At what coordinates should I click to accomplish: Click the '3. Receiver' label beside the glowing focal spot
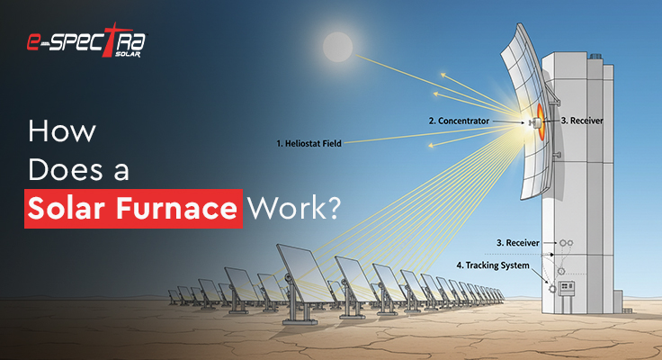(x=582, y=120)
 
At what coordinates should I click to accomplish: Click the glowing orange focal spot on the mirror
(x=536, y=120)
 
